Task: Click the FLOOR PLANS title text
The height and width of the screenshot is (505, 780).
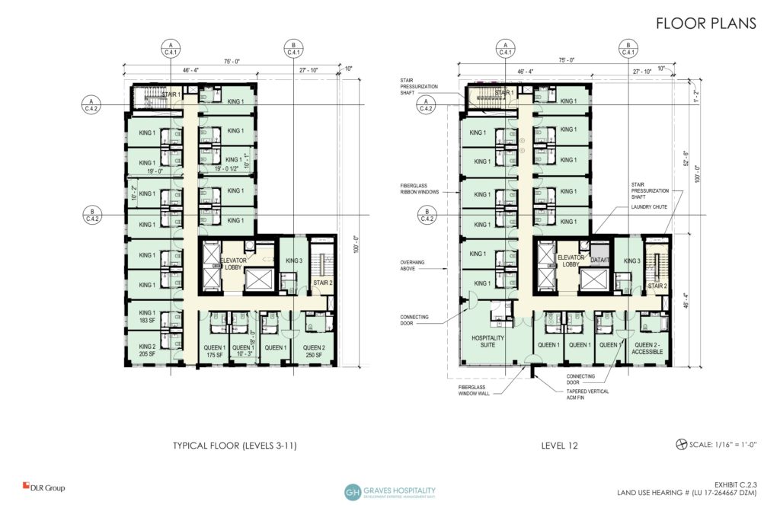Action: pos(705,24)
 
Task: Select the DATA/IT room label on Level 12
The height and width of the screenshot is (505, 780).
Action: pos(600,260)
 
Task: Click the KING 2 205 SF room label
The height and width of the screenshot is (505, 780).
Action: pos(147,350)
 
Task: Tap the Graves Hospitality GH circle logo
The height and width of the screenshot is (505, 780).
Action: pos(353,492)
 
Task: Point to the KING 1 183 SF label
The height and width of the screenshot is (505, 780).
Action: pos(147,317)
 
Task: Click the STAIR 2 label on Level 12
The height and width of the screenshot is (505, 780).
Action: pos(657,286)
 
